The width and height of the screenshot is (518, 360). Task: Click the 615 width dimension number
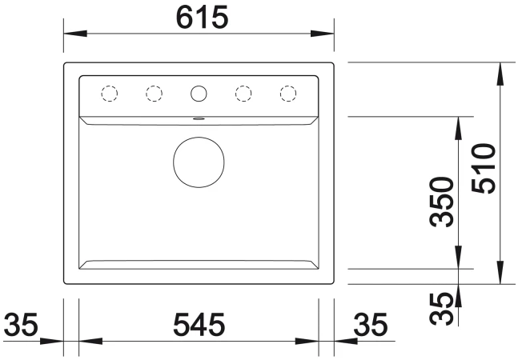pos(203,18)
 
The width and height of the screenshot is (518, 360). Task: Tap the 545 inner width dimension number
pos(199,325)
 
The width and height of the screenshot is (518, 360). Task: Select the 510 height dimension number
pos(484,168)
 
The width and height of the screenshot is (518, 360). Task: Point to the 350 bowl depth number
pos(442,202)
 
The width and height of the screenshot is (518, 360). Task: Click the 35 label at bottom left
pos(21,325)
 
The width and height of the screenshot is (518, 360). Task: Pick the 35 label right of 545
pos(370,325)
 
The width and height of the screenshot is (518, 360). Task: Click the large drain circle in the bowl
pos(199,162)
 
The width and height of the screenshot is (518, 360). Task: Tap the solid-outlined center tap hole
pos(199,94)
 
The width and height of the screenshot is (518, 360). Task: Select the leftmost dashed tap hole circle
pos(110,94)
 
